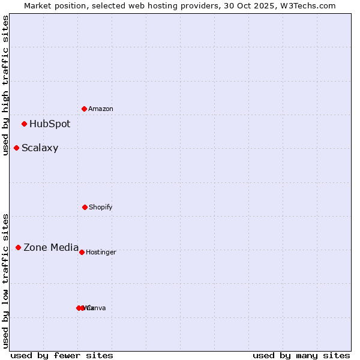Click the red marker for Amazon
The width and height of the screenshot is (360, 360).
(x=84, y=109)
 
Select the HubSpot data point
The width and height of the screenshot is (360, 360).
(x=24, y=124)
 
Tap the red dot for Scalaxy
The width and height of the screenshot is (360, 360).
(x=16, y=148)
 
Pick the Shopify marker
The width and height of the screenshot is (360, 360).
(x=85, y=207)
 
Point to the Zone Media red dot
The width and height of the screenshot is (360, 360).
(x=18, y=247)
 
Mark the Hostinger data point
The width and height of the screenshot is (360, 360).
(x=82, y=252)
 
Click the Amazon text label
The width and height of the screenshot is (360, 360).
(x=101, y=109)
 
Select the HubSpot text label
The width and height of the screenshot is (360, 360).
(x=50, y=124)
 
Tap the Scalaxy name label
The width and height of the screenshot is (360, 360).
(x=40, y=148)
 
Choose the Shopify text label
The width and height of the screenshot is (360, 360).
(x=101, y=208)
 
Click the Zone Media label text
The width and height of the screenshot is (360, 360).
(x=51, y=247)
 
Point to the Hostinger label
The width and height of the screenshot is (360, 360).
(x=101, y=253)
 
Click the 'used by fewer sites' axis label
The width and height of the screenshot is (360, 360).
(x=62, y=355)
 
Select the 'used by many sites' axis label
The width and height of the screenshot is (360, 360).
(x=301, y=355)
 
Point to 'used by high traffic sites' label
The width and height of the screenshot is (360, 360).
(x=5, y=85)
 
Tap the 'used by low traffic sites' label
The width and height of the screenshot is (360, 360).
(x=5, y=280)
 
